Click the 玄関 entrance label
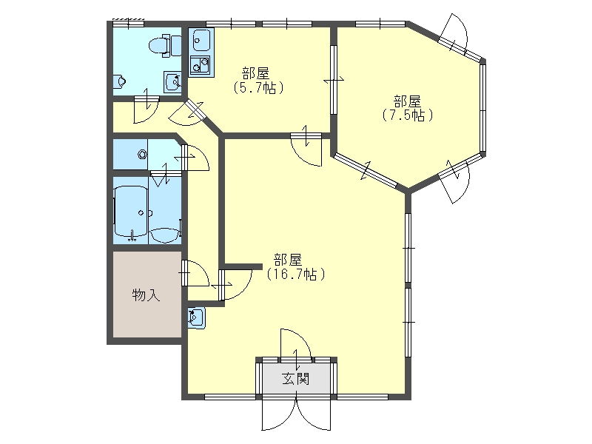click(296, 379)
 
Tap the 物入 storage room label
click(146, 295)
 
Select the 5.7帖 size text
click(258, 87)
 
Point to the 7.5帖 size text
click(408, 115)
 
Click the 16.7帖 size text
click(296, 274)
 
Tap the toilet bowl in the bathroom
click(158, 47)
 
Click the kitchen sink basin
click(201, 40)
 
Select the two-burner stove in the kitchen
click(200, 64)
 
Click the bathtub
click(131, 211)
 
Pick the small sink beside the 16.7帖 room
click(197, 318)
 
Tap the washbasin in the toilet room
click(172, 81)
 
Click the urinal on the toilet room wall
click(119, 81)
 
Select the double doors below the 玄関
click(297, 414)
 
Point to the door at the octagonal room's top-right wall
click(457, 35)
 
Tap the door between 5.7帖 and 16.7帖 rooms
click(306, 150)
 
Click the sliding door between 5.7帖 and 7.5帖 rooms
click(334, 80)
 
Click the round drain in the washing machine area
click(142, 154)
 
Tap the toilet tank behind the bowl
click(176, 45)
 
